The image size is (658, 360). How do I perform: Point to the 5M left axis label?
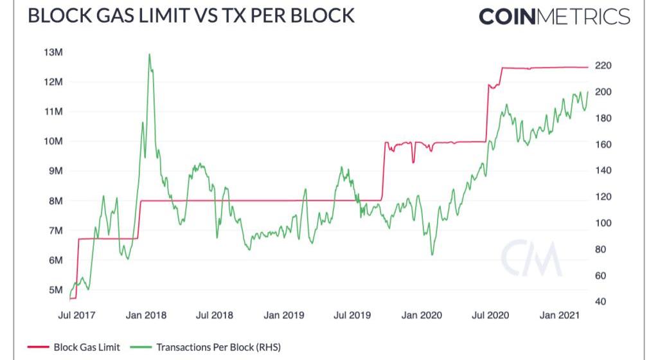[x=53, y=290]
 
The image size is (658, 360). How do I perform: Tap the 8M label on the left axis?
[x=53, y=201]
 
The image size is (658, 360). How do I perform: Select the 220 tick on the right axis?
[x=603, y=66]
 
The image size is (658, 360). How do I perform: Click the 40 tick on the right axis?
[x=601, y=301]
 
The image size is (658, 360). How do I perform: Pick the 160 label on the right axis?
[x=603, y=145]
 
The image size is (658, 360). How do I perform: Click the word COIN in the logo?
[x=507, y=16]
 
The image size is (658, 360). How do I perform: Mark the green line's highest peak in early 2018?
[x=149, y=55]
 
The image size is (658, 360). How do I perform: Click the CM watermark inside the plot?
[x=531, y=258]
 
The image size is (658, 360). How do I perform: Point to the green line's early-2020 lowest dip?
[x=432, y=254]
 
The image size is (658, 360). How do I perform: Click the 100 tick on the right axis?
[x=603, y=223]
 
